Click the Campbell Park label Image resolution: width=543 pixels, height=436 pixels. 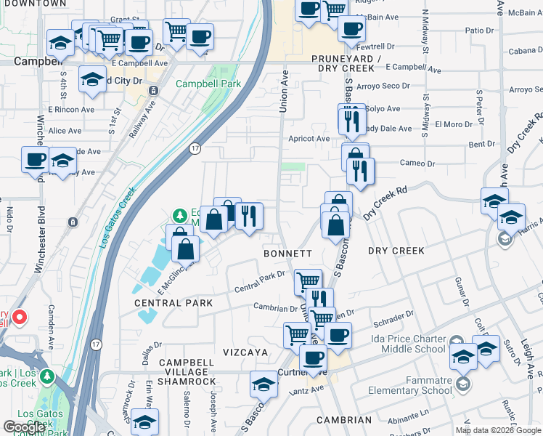click(208, 84)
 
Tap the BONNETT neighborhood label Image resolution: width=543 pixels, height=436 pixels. click(287, 254)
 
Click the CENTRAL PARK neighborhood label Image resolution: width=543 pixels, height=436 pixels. click(173, 303)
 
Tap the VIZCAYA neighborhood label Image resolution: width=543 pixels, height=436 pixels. click(248, 352)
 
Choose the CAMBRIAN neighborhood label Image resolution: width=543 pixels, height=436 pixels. click(345, 420)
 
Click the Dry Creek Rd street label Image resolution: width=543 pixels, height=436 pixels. click(385, 201)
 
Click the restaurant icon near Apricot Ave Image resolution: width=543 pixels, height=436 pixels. click(351, 121)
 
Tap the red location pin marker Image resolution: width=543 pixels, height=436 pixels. click(20, 318)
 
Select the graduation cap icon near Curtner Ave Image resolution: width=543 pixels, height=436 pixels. click(264, 384)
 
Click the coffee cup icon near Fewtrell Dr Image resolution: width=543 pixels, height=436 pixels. click(352, 29)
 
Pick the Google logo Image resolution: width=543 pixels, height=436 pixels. click(24, 427)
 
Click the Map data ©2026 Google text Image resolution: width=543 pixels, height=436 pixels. click(497, 430)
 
